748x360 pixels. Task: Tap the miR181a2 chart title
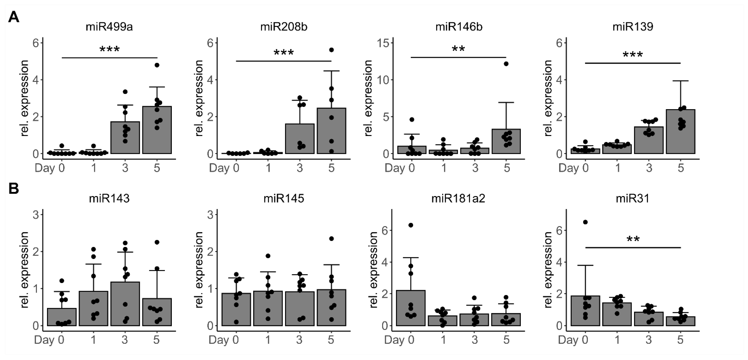point(458,198)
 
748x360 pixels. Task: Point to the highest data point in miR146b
point(506,64)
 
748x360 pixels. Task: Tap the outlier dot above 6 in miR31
point(585,222)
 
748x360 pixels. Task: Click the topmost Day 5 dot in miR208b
point(331,50)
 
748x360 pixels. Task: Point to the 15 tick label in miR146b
point(383,43)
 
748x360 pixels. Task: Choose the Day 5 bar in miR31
point(680,321)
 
